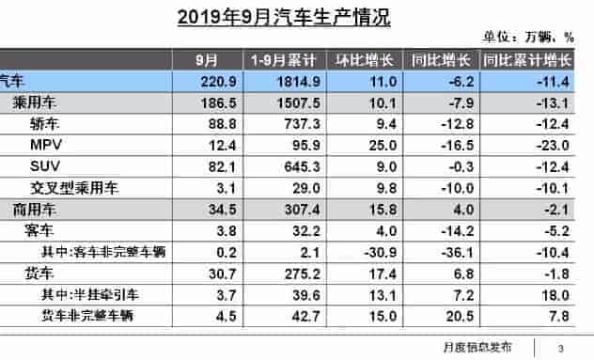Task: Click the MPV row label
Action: pos(45,145)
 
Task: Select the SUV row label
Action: pos(45,165)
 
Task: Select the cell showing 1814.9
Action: pos(282,82)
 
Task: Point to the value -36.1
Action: pos(441,249)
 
